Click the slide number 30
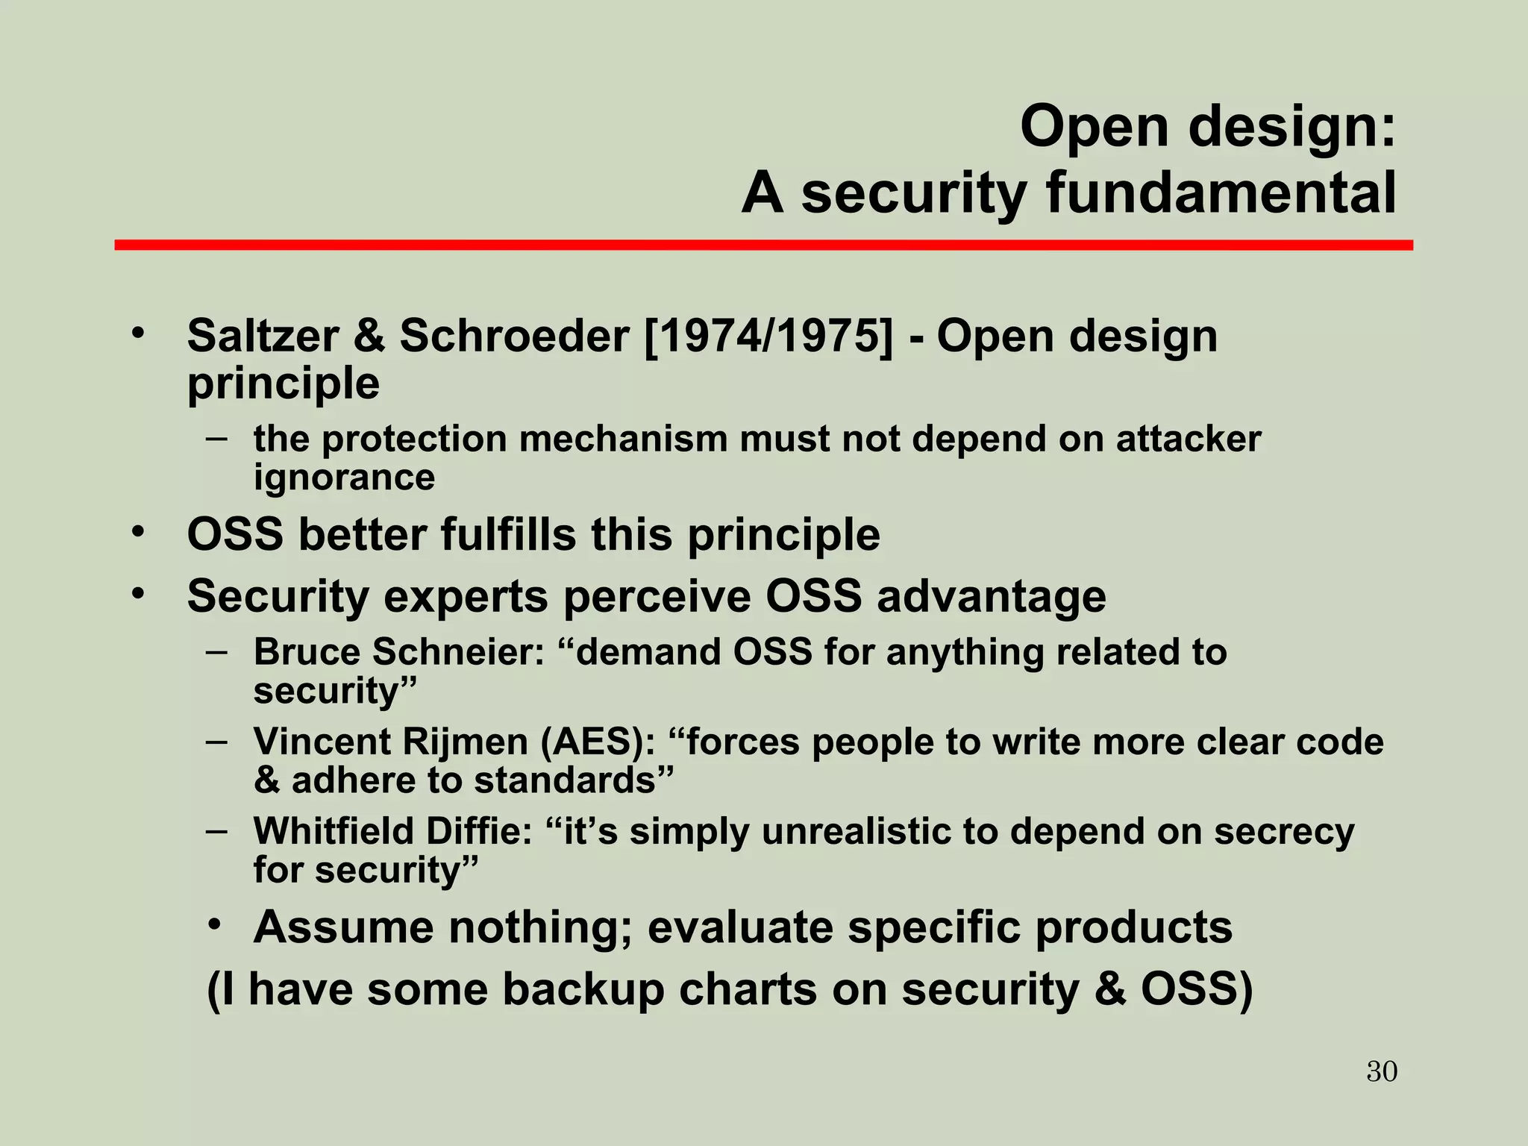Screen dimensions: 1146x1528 [x=1382, y=1071]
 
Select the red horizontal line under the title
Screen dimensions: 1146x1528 [x=763, y=245]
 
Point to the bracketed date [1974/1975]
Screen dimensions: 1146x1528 [x=767, y=336]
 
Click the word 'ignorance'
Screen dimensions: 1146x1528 [x=344, y=478]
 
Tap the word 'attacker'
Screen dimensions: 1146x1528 [x=1188, y=438]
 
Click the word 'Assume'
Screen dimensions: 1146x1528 [x=344, y=927]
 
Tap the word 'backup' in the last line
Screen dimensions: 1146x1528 [x=583, y=989]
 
